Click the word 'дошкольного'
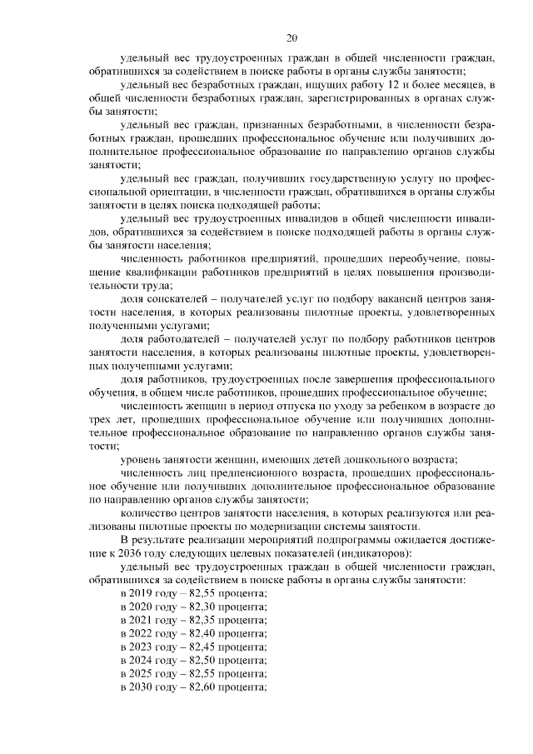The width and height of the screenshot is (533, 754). (364, 460)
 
